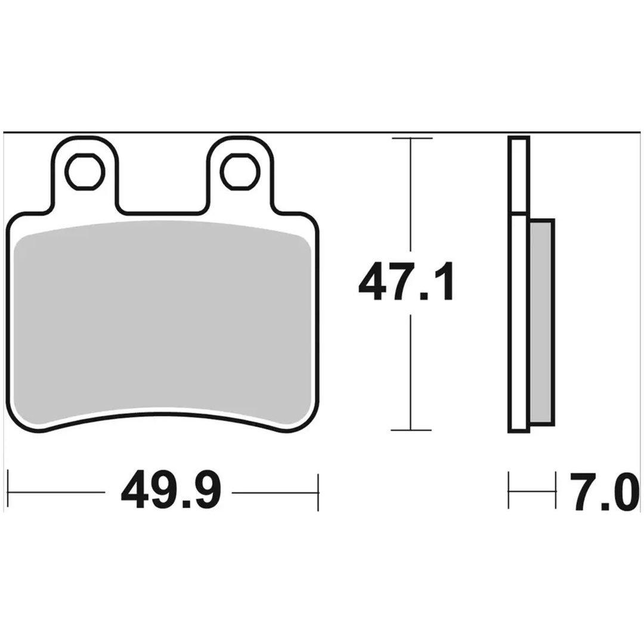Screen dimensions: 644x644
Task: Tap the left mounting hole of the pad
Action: (86, 172)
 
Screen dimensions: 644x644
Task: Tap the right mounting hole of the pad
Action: (241, 172)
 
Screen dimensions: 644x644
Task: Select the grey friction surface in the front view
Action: (163, 323)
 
